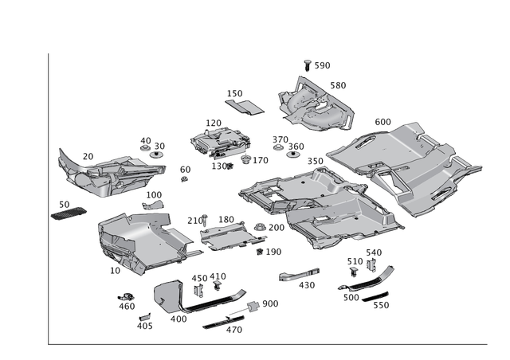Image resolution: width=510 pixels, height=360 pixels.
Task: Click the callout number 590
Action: [322, 65]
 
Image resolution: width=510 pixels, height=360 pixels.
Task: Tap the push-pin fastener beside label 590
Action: [307, 65]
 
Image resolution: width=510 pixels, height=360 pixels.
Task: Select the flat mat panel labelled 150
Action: [245, 107]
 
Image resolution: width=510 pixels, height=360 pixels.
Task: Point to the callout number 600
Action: [382, 122]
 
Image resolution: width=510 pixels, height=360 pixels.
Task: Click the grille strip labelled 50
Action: [69, 213]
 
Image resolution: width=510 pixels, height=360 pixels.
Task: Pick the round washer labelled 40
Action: [145, 148]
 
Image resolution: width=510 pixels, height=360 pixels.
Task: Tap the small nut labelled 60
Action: [184, 178]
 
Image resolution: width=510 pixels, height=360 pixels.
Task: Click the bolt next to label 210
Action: [205, 220]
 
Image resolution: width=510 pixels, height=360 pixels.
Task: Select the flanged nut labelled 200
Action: [260, 227]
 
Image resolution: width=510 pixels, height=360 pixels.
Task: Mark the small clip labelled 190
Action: [260, 252]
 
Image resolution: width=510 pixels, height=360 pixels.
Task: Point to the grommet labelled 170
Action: [246, 159]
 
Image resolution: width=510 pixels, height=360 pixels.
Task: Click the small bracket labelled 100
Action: [153, 205]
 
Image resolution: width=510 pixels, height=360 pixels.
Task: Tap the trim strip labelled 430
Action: [299, 275]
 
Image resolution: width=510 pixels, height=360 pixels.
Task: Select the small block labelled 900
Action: [253, 306]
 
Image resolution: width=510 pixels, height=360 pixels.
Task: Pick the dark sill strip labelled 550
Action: [375, 297]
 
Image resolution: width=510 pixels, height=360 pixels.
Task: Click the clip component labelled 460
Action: [126, 296]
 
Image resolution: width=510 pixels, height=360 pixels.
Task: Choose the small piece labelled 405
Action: [145, 317]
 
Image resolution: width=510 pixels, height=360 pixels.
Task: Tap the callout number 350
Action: [316, 162]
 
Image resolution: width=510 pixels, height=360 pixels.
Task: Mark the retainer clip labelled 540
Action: [371, 264]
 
